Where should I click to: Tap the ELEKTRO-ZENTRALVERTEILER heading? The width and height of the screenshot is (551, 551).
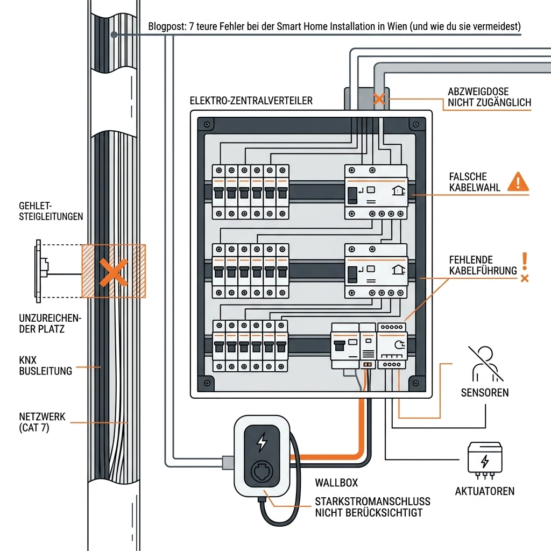click(x=251, y=101)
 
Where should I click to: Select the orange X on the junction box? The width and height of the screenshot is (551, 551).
click(x=379, y=99)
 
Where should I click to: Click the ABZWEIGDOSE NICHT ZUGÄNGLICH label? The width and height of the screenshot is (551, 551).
click(x=489, y=97)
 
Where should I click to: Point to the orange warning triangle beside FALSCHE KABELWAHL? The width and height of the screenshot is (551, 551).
click(x=518, y=182)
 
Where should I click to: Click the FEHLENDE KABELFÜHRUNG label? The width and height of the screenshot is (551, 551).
click(x=476, y=265)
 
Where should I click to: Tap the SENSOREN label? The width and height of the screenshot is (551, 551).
click(x=484, y=392)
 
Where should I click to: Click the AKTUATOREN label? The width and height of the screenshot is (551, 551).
click(x=484, y=491)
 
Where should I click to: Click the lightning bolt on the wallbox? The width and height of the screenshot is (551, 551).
click(x=262, y=442)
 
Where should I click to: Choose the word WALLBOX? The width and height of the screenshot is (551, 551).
click(x=336, y=483)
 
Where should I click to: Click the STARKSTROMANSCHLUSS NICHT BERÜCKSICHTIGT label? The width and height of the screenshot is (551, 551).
click(x=372, y=507)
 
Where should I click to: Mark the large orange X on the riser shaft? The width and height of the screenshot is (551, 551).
click(x=114, y=271)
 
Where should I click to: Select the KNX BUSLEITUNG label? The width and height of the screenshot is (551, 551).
click(x=45, y=365)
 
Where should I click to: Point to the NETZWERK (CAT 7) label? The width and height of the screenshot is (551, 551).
click(x=42, y=422)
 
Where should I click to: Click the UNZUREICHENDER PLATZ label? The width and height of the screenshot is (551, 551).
click(x=50, y=323)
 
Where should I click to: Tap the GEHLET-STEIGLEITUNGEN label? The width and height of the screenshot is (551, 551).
click(x=51, y=211)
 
